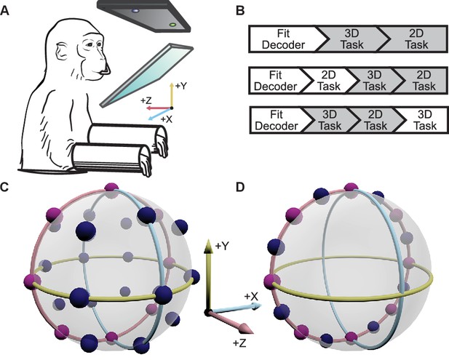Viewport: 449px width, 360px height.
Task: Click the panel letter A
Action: coord(5,12)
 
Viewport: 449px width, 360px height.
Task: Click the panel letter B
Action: coord(240,12)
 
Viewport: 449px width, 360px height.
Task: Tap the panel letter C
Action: coord(5,187)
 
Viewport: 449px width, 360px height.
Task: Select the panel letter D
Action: coord(240,187)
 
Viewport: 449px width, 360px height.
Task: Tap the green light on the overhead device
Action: coord(172,25)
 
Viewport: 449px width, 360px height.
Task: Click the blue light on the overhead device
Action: coord(135,11)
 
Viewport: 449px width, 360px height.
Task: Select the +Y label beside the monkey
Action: coord(181,86)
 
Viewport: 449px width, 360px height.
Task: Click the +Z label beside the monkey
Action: coord(146,101)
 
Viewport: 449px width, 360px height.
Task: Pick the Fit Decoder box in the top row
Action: coord(284,39)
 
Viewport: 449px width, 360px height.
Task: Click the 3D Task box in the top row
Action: coord(351,39)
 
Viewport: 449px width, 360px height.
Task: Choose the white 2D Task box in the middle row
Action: coord(329,81)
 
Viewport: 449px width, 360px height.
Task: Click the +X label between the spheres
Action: coord(251,297)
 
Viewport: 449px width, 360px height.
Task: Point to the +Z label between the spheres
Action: coord(239,343)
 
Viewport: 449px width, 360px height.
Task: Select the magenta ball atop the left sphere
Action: coord(111,188)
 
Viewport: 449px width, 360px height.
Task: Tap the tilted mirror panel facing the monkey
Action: coord(146,75)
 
